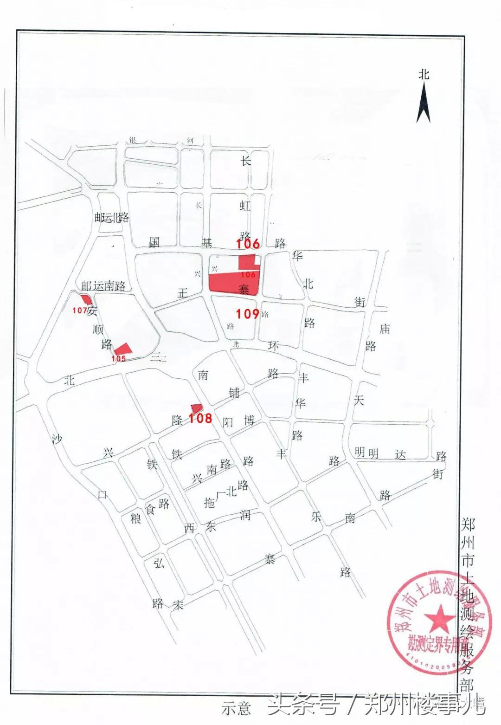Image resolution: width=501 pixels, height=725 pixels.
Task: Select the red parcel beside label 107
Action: (86, 300)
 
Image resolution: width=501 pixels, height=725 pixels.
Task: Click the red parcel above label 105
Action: (123, 349)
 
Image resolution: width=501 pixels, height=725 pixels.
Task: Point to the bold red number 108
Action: (200, 418)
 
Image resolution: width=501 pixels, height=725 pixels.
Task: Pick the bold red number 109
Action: (247, 314)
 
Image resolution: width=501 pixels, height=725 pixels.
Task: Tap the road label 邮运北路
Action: (111, 218)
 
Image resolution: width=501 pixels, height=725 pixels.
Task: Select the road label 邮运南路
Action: (103, 285)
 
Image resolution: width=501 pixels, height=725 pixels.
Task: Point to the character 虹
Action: (245, 206)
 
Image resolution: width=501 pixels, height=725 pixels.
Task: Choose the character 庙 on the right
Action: (385, 329)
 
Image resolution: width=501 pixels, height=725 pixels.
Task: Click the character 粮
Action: (135, 518)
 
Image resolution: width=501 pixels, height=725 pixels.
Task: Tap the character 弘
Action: (159, 563)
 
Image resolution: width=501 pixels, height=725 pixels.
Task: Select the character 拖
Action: (210, 502)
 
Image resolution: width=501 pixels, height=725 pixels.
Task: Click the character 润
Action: (245, 514)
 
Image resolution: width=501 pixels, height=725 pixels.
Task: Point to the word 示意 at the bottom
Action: (236, 708)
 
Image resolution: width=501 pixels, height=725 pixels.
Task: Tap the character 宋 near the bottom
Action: (178, 605)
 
